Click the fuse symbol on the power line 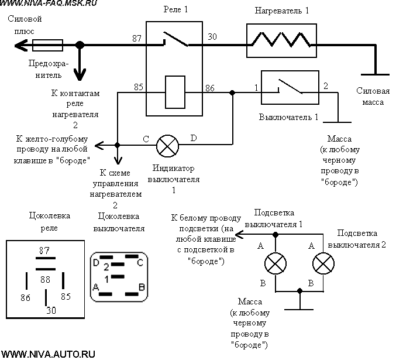[48, 45]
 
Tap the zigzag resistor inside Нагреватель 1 [281, 40]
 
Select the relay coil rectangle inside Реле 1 [175, 92]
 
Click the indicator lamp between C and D [167, 146]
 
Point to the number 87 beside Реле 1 [137, 39]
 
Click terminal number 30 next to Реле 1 [212, 37]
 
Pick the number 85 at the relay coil [139, 87]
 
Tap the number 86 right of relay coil [210, 88]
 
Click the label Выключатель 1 [288, 117]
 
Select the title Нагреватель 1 [281, 11]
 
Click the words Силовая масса [373, 97]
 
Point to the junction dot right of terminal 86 [232, 93]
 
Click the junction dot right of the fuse [80, 45]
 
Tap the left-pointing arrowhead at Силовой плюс [20, 46]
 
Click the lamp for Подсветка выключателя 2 [323, 263]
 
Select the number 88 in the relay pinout [45, 279]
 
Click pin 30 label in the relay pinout [51, 310]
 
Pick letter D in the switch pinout [96, 263]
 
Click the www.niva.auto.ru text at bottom [48, 354]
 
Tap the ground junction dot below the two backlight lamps [299, 291]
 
